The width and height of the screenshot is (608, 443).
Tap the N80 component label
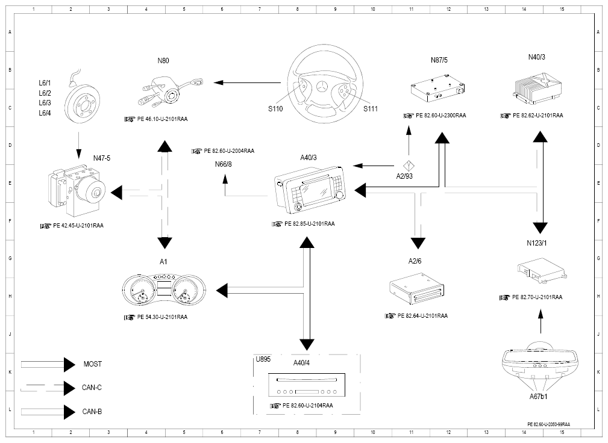[x=163, y=60]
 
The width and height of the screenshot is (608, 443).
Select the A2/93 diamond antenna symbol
[x=409, y=166]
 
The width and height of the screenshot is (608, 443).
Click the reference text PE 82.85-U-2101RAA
[x=310, y=223]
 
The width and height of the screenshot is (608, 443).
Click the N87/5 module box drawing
[x=437, y=88]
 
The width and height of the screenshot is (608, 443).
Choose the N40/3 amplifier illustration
[x=537, y=87]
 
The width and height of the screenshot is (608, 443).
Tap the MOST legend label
[x=93, y=364]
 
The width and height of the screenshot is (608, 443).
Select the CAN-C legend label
[x=92, y=387]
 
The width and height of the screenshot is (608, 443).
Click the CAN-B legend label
[x=92, y=411]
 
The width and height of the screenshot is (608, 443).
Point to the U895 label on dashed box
[x=263, y=359]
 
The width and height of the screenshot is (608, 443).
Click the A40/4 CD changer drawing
[x=307, y=385]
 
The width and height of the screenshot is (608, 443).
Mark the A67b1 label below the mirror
[x=538, y=396]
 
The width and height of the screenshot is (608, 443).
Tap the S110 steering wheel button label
[x=276, y=109]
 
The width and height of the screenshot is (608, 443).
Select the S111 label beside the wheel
[x=371, y=109]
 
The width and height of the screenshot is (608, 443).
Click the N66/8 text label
[x=224, y=164]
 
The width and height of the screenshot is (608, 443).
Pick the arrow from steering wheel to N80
[x=247, y=82]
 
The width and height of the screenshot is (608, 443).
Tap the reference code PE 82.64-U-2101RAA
[x=422, y=315]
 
